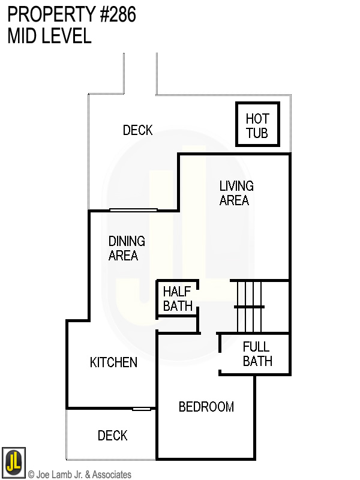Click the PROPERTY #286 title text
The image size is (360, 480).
point(72,15)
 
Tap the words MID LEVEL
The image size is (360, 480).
point(50,36)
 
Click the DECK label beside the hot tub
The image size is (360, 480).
point(137,130)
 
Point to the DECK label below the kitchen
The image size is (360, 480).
point(113,436)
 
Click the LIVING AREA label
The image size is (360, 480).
point(236,193)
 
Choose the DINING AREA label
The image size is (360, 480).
point(127,248)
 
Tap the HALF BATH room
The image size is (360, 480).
point(178,299)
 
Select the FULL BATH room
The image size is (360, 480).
point(257,354)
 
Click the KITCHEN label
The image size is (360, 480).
point(113,362)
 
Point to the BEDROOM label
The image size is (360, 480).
point(206,407)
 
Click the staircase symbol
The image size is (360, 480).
point(249,306)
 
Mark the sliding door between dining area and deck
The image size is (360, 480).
point(133,209)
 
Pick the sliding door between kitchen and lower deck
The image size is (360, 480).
point(142,409)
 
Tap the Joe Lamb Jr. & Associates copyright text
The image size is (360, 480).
point(79,475)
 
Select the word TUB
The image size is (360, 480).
point(257,133)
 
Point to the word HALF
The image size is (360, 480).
point(177,292)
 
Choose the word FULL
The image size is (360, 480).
point(256,347)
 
